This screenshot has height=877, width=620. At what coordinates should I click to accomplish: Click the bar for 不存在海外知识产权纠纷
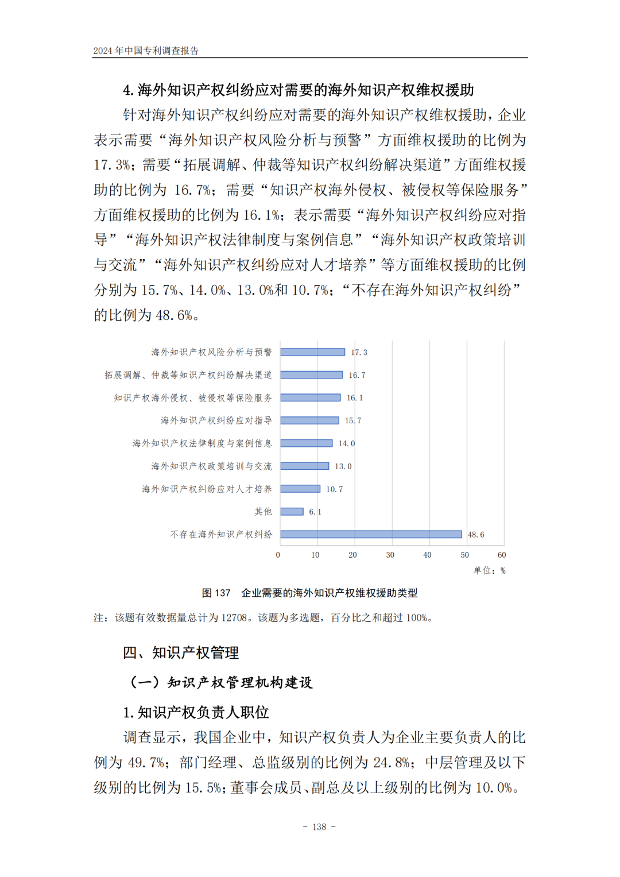(371, 534)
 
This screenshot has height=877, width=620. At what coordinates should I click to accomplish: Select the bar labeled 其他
(292, 511)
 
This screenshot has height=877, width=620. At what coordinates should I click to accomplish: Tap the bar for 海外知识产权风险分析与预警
(312, 352)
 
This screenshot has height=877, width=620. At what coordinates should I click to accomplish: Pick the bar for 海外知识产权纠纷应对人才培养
(300, 489)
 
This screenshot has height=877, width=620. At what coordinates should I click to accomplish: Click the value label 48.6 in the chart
(476, 535)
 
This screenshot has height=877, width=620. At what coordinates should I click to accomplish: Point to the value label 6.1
(315, 512)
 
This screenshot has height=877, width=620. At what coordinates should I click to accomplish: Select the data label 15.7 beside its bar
(353, 420)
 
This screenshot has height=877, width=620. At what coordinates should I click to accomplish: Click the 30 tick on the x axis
(390, 555)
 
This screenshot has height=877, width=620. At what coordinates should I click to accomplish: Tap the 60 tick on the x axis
(502, 555)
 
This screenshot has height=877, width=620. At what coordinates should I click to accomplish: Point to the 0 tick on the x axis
(278, 555)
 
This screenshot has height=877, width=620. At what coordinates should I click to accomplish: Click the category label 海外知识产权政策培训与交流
(211, 466)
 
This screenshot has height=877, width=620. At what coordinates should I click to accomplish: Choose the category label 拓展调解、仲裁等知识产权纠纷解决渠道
(188, 375)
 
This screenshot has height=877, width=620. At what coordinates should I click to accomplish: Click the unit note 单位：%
(489, 570)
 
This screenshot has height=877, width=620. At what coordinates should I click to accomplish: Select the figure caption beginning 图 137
(309, 593)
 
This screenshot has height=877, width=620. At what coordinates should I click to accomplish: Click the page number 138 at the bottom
(319, 827)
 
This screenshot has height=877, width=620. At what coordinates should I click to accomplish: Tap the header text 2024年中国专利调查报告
(146, 51)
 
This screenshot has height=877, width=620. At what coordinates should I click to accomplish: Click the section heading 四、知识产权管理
(181, 652)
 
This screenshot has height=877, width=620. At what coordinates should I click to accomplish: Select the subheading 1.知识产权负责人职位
(196, 712)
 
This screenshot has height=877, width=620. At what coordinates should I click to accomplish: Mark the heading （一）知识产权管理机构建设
(221, 682)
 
